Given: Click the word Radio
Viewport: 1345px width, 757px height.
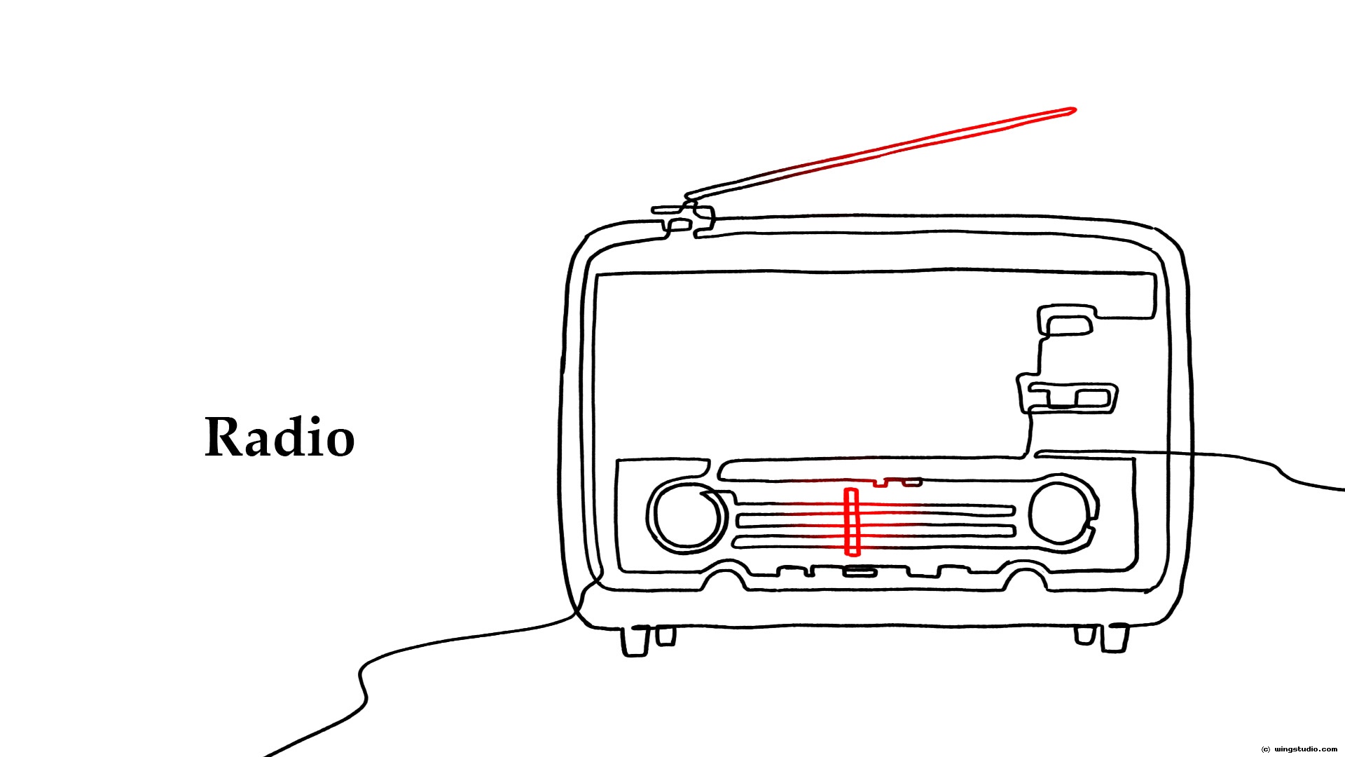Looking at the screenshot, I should click(x=280, y=437).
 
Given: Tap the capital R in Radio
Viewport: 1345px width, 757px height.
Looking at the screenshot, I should click(x=223, y=437).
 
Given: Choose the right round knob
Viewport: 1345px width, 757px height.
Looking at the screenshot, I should click(x=1060, y=512).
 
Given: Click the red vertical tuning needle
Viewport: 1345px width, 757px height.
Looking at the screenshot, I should click(x=851, y=521).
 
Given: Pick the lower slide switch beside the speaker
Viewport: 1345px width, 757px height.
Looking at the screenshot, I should click(x=1072, y=398).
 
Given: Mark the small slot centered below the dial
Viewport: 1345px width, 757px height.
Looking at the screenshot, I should click(x=860, y=572).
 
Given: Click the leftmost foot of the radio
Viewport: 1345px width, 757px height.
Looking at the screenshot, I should click(x=635, y=641).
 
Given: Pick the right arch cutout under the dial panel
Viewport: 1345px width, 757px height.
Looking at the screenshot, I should click(x=1025, y=580).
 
